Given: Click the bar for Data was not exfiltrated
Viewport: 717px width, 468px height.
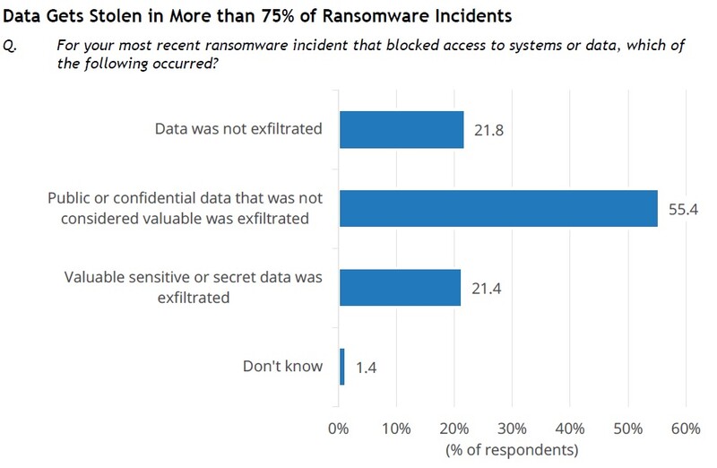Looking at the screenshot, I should (x=402, y=129).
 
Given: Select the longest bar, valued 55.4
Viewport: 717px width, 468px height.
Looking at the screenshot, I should (x=498, y=208).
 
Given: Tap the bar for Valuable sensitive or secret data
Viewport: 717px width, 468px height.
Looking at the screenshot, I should (x=400, y=287).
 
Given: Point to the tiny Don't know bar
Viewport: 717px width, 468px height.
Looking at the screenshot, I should (x=342, y=367).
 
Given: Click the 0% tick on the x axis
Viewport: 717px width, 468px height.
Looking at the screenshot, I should (x=339, y=428).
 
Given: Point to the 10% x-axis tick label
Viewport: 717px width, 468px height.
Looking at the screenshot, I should (x=395, y=428).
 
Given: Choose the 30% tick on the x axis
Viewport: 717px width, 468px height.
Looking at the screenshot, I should (x=512, y=428).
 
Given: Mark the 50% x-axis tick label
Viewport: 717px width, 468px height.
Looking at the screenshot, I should (x=627, y=428).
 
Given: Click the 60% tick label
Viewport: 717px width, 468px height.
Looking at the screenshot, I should (x=685, y=428).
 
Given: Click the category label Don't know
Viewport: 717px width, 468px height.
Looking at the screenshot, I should (x=282, y=367).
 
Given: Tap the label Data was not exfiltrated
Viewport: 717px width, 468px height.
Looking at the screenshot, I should (x=238, y=129).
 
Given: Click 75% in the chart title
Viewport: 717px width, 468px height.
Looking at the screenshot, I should (x=308, y=16).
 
